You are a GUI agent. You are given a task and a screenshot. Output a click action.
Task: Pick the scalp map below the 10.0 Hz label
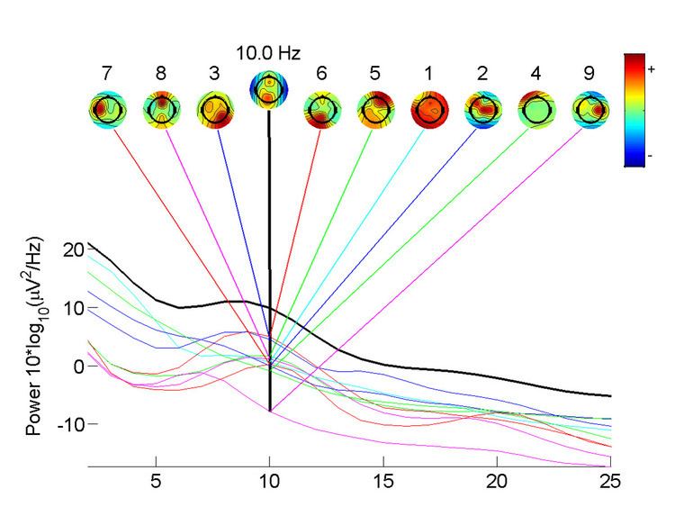click(268, 88)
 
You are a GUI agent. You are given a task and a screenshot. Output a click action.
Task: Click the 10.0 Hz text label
click(268, 53)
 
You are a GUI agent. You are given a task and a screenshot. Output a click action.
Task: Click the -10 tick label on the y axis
click(68, 424)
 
